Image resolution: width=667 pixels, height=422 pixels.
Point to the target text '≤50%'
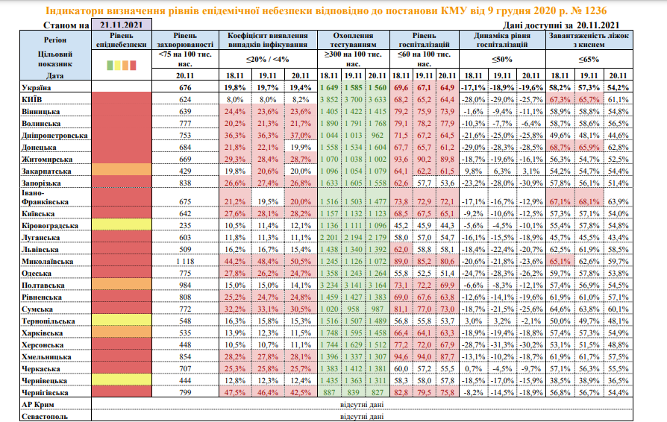point(501,60)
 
